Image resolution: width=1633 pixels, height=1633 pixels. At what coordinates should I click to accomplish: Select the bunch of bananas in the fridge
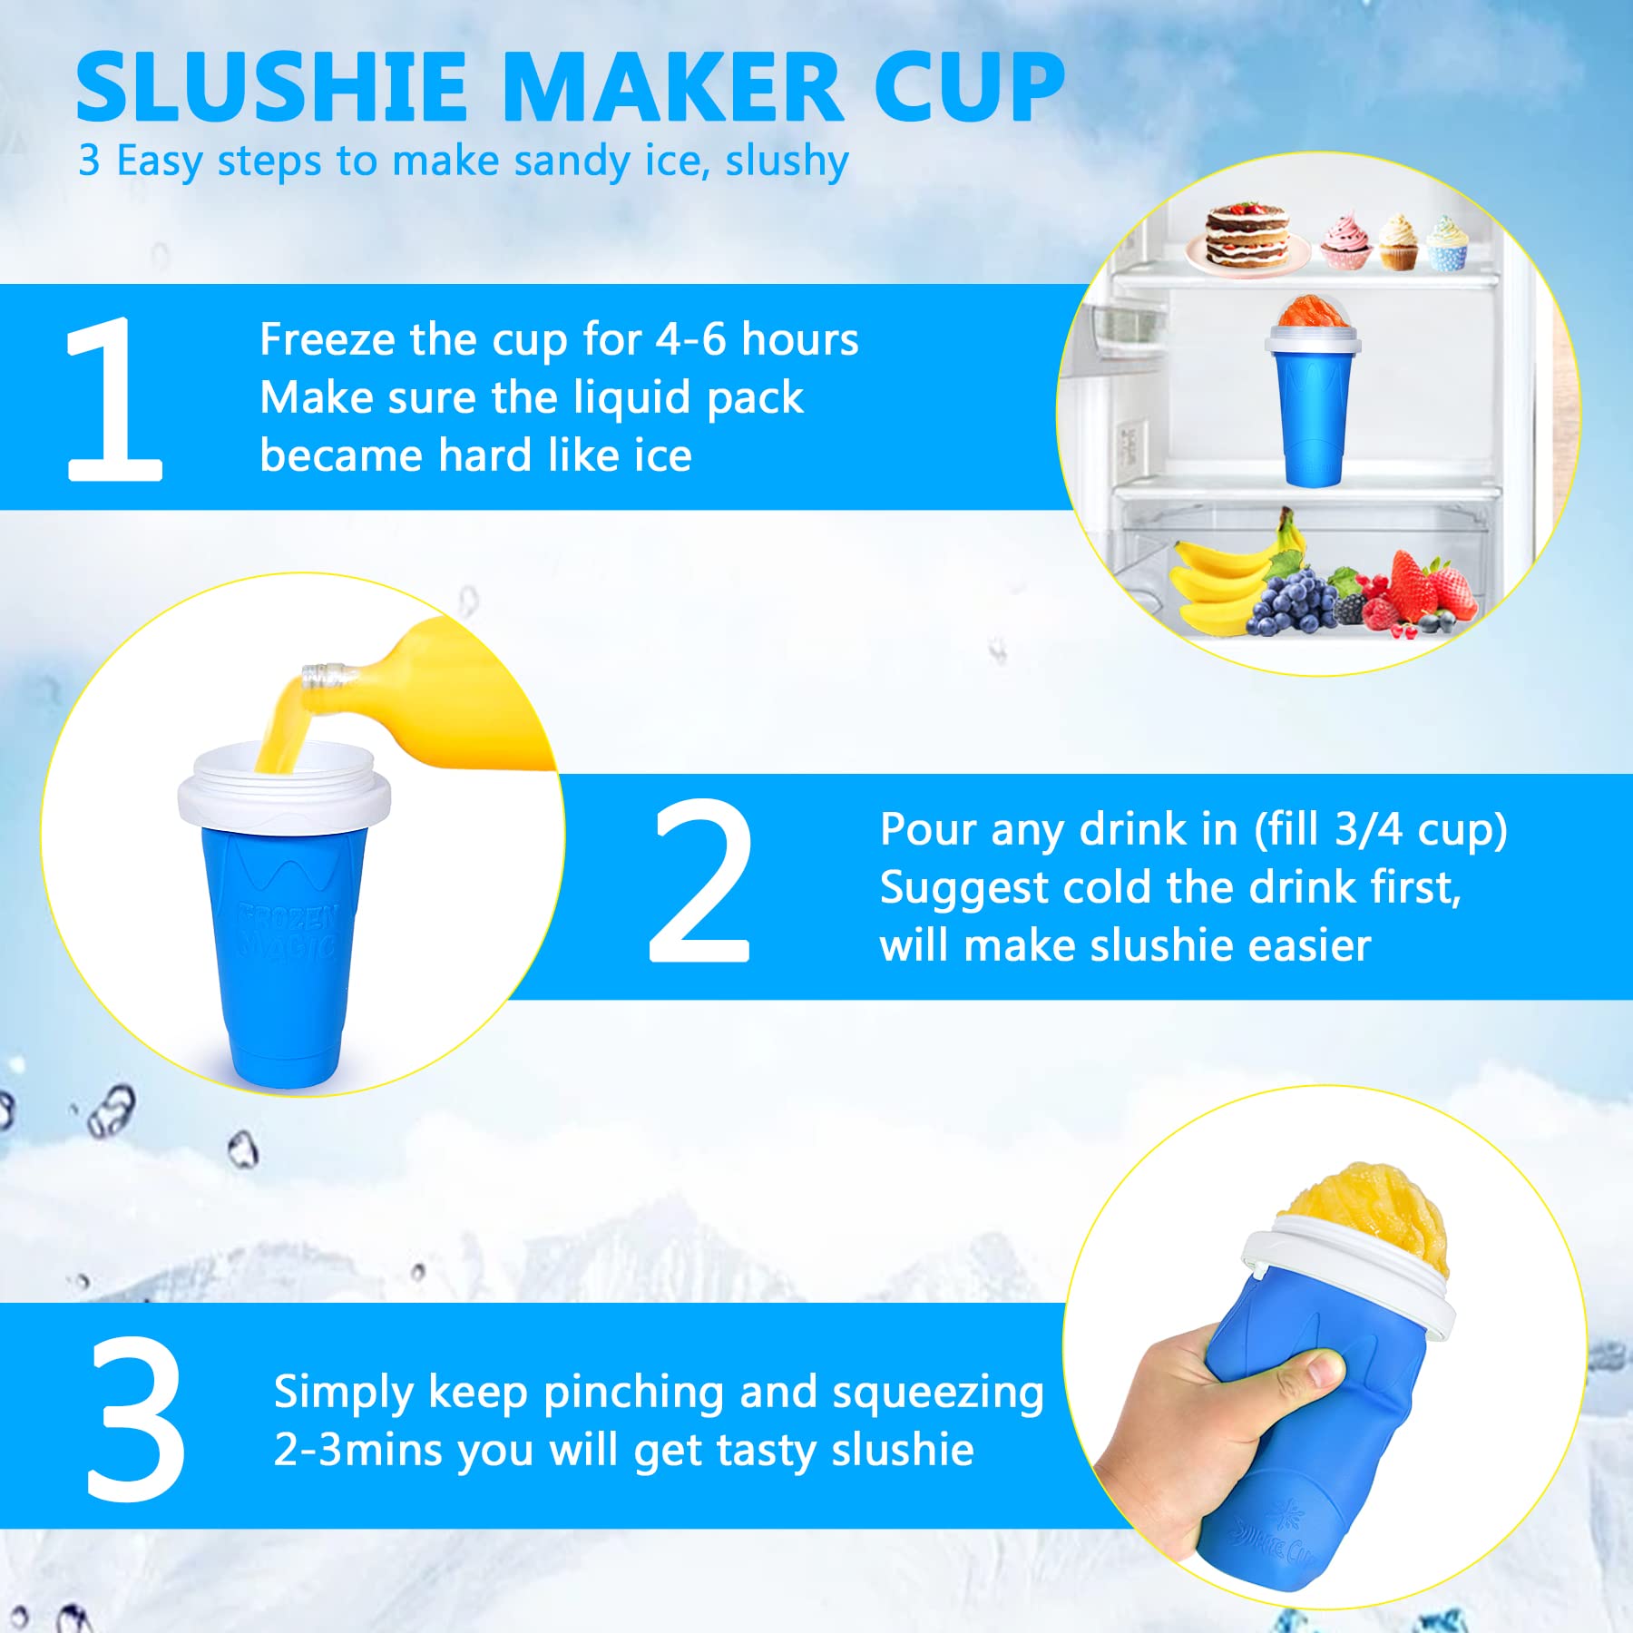tap(1225, 576)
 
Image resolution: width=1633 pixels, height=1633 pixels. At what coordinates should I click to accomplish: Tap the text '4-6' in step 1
tap(689, 340)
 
